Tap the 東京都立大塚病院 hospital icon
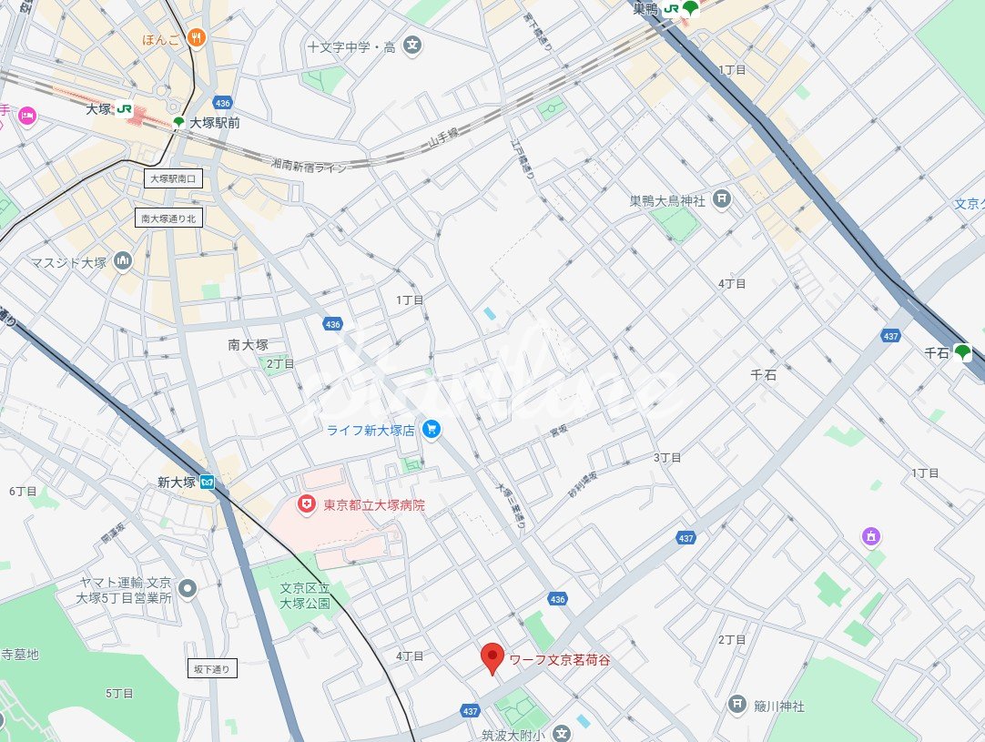308,503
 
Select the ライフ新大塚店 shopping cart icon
432,430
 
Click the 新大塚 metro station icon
208,483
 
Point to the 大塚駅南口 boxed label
173,179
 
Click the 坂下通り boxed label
213,669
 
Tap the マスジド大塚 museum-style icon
122,263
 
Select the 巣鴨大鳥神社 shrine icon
721,199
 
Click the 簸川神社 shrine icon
737,705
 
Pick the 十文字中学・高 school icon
412,46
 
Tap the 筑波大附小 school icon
562,733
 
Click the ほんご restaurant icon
195,38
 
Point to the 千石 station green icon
963,353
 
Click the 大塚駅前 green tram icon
178,122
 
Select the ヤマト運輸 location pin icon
188,589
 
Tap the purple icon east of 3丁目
871,537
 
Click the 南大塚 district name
248,344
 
